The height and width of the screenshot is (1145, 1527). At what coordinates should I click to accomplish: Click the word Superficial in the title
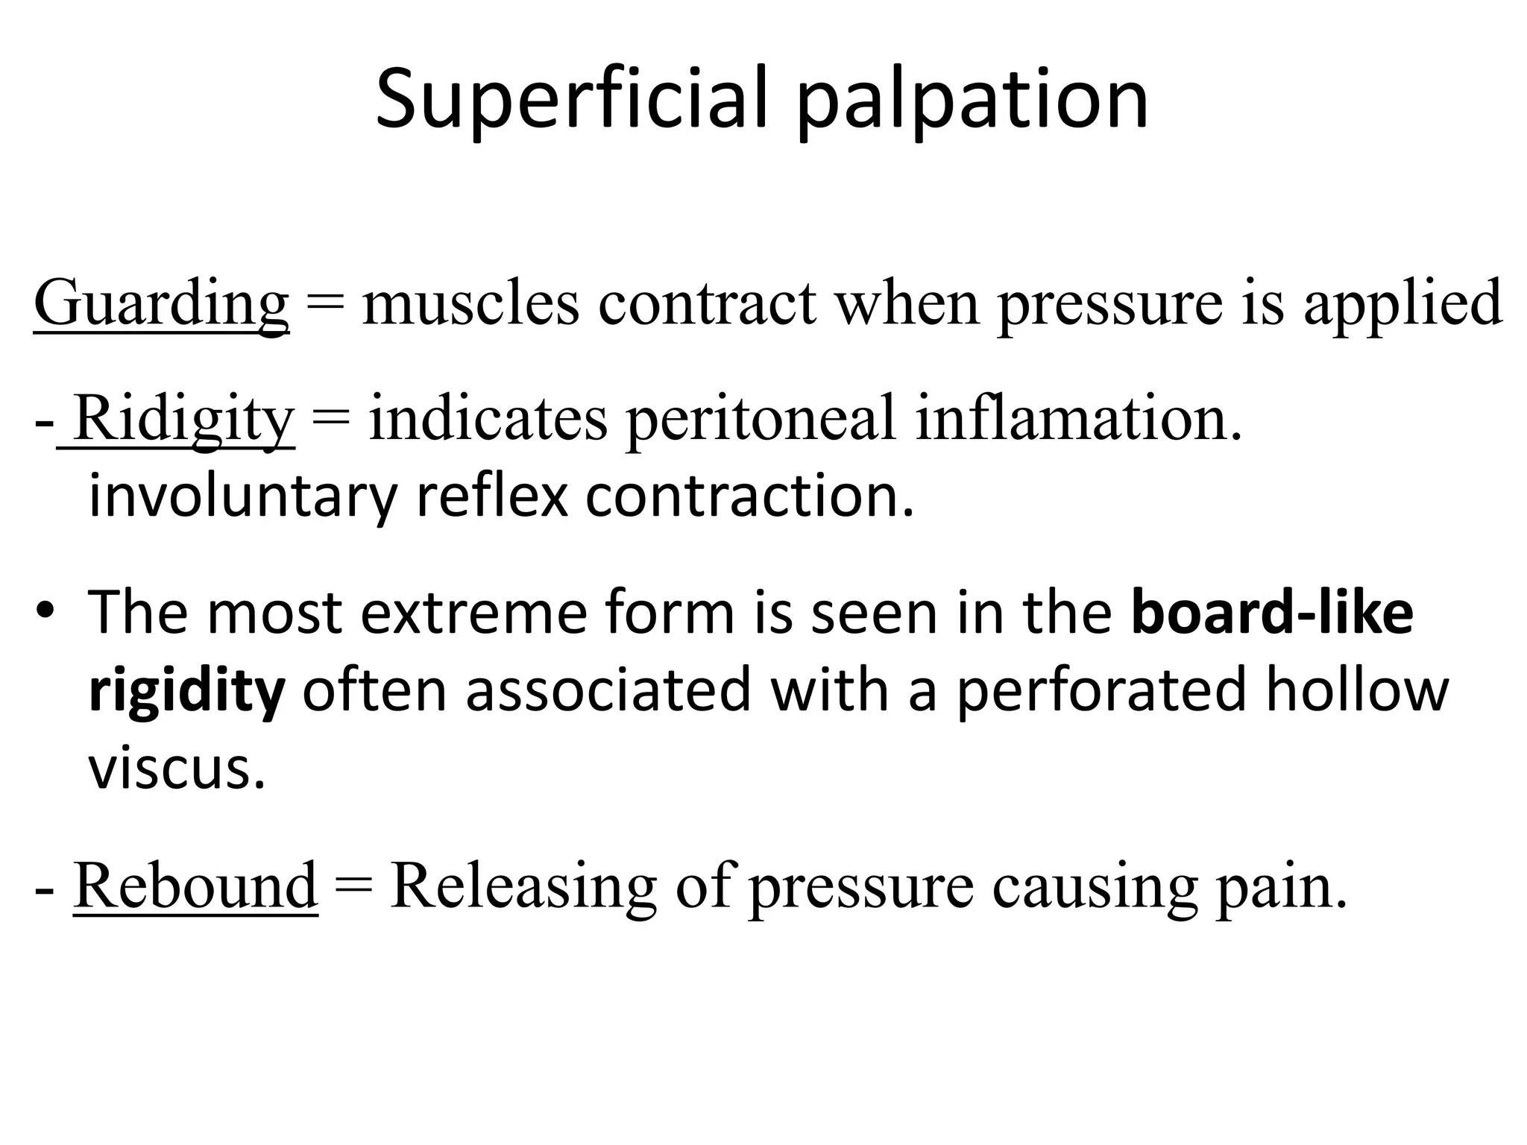pos(571,99)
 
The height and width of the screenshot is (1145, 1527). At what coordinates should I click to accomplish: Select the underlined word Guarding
pos(161,304)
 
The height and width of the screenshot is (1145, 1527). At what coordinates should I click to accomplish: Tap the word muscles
pos(470,304)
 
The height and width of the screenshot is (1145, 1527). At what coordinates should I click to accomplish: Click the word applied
pos(1402,304)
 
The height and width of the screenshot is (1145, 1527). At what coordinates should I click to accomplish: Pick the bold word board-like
pos(1272,612)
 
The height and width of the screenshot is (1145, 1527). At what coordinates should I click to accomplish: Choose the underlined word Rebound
pos(195,886)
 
